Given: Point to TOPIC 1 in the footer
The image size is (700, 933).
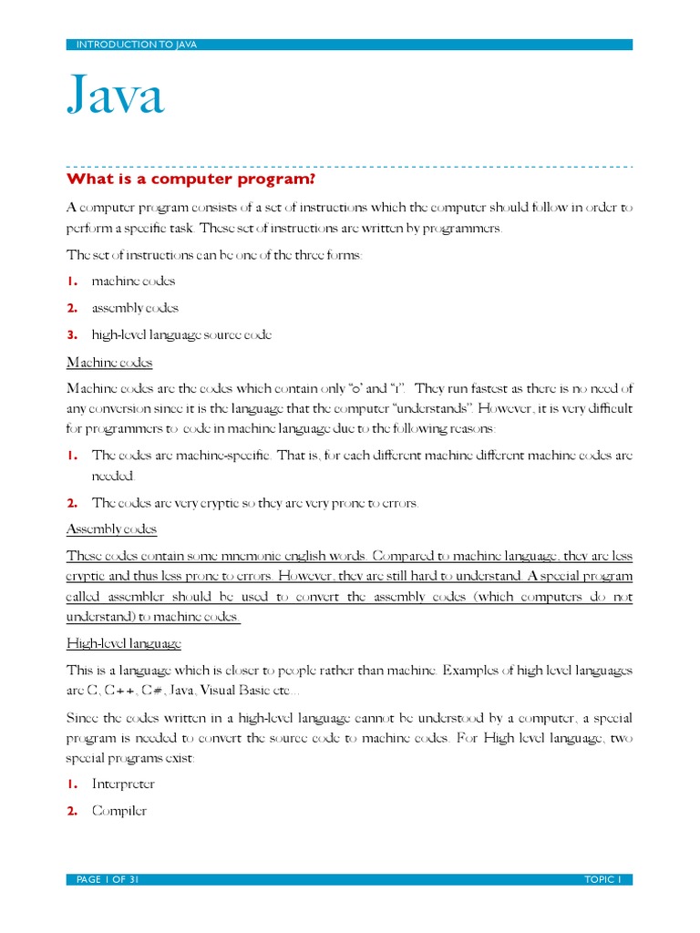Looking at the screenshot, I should pos(602,879).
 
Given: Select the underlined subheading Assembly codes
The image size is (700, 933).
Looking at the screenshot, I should pos(111,529).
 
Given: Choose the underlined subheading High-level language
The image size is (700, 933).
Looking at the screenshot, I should pos(124,644).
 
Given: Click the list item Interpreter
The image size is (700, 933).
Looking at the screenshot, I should pos(123,784).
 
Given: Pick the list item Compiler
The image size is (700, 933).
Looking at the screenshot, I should pos(119,810).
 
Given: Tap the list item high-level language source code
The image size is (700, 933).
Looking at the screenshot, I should pos(181,334).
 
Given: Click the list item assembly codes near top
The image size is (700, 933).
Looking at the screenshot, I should pos(135,308).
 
